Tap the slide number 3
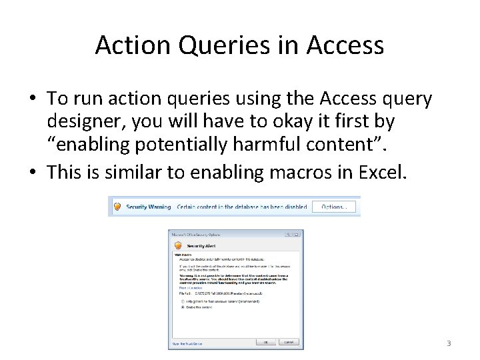click(x=449, y=343)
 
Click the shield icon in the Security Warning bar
click(x=117, y=207)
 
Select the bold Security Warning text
click(x=149, y=207)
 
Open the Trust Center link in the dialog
click(x=187, y=343)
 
